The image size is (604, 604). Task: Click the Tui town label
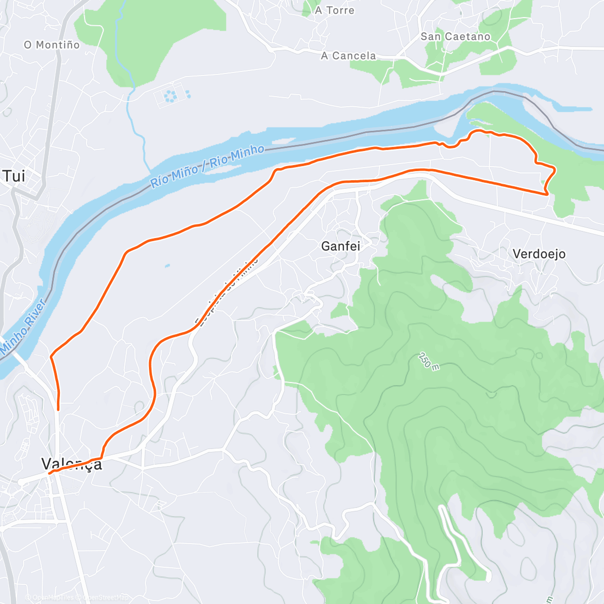14,176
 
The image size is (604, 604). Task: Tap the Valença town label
72,464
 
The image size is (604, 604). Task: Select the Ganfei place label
340,246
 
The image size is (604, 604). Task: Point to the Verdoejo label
539,254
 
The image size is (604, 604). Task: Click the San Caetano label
455,37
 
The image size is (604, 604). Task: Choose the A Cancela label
348,56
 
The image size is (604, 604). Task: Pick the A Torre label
335,11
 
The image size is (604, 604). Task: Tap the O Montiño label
51,45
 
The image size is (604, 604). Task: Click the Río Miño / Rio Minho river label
207,166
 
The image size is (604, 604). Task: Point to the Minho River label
23,326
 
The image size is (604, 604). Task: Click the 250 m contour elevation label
428,361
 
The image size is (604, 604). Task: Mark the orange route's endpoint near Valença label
49,474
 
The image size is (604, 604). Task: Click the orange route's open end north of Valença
58,410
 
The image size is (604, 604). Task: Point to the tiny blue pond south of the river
167,265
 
